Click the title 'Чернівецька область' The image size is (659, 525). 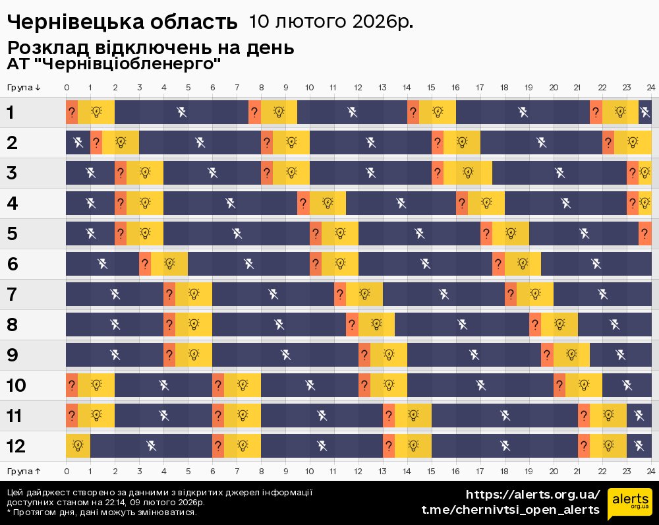tap(122, 22)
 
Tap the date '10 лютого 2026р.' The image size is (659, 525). tap(331, 22)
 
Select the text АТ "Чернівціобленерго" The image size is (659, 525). tap(113, 65)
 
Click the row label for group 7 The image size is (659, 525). tap(11, 295)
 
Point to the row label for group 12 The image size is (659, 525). tap(16, 447)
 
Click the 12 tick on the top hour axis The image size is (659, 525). tap(358, 87)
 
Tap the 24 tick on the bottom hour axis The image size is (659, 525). tap(650, 471)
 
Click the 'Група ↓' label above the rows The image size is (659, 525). tap(24, 87)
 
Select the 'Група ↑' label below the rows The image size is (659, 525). tap(24, 471)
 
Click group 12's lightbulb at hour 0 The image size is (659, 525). tap(78, 447)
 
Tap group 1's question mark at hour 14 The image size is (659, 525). tap(413, 112)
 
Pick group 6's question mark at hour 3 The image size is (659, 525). tap(145, 264)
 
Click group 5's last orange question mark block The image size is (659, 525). tap(645, 233)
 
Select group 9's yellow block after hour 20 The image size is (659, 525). tap(571, 355)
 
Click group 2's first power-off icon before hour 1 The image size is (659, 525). tap(78, 142)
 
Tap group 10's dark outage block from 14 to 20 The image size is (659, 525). tap(480, 385)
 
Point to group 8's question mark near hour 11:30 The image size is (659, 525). tap(352, 324)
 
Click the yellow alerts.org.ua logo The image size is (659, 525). tap(629, 504)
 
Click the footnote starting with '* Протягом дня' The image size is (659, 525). tap(101, 512)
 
